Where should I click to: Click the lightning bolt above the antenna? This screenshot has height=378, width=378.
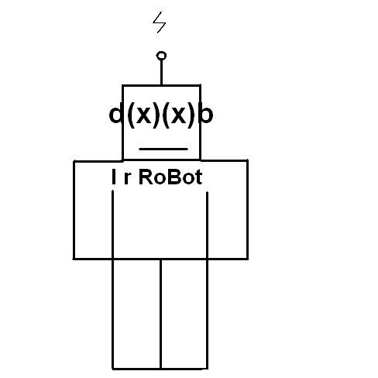(x=159, y=22)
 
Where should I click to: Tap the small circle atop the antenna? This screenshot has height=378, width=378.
(x=161, y=56)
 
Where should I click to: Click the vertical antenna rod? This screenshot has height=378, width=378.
(x=161, y=72)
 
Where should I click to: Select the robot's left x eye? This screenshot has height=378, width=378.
(x=143, y=115)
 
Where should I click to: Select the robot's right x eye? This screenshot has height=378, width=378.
(x=178, y=115)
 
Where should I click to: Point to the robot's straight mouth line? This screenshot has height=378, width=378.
(x=163, y=149)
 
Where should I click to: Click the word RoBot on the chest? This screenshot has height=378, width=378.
(x=170, y=177)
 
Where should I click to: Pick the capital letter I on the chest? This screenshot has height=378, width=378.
(x=113, y=177)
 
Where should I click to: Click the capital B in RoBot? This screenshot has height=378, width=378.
(x=177, y=177)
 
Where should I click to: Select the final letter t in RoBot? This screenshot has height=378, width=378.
(x=199, y=177)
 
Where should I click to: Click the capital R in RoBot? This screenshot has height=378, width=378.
(x=146, y=177)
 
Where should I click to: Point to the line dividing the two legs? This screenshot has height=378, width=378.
(x=160, y=314)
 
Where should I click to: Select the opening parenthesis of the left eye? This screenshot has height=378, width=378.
(x=132, y=115)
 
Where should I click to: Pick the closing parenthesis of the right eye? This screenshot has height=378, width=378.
(x=191, y=115)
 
